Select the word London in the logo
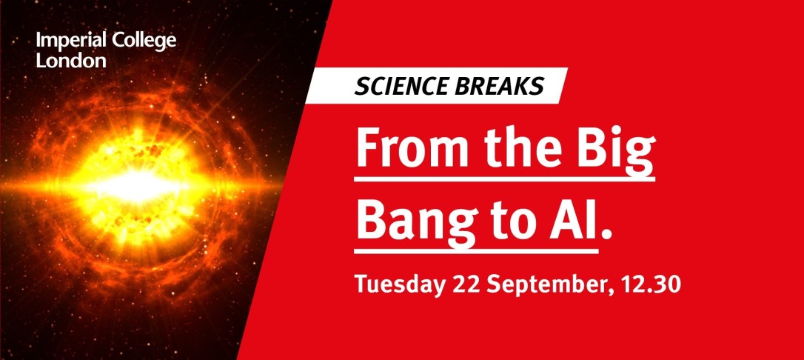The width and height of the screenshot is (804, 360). pyautogui.click(x=71, y=61)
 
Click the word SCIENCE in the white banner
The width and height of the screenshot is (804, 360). pyautogui.click(x=395, y=86)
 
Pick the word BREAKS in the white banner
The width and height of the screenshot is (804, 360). pyautogui.click(x=493, y=86)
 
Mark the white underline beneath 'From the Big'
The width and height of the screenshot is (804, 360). pyautogui.click(x=505, y=179)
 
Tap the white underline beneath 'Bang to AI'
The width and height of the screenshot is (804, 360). pyautogui.click(x=476, y=251)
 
